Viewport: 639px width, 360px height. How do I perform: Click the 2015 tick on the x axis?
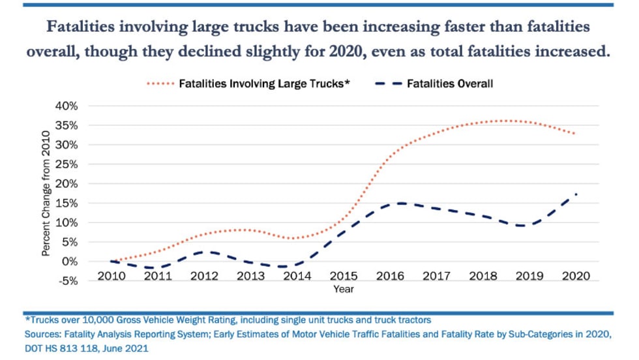pyautogui.click(x=344, y=276)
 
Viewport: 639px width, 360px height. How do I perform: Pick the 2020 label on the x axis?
pyautogui.click(x=576, y=276)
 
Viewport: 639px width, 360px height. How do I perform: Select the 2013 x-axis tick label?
pyautogui.click(x=250, y=276)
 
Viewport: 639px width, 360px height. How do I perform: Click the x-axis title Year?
pyautogui.click(x=344, y=289)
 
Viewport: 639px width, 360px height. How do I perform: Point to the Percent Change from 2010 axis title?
pyautogui.click(x=46, y=193)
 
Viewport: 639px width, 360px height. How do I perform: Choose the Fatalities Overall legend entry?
pyautogui.click(x=449, y=83)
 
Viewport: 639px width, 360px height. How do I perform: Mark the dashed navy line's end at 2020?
pyautogui.click(x=576, y=194)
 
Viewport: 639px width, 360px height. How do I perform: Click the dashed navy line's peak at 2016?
pyautogui.click(x=400, y=203)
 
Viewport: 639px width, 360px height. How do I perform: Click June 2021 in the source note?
pyautogui.click(x=127, y=349)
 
